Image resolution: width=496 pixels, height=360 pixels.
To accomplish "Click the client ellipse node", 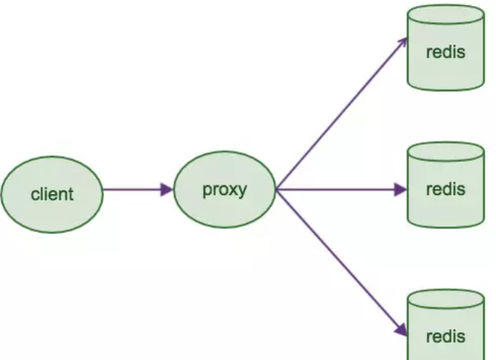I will coord(51,194).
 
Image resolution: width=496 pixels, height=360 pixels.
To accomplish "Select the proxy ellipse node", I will coord(225,191).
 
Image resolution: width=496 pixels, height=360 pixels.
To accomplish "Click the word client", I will coord(51,194).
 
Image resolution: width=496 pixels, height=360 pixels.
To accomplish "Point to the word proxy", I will coord(225,190).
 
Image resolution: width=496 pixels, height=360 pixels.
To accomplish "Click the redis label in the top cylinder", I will coord(445,53).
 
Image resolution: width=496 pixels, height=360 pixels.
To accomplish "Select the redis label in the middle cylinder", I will coord(445,190).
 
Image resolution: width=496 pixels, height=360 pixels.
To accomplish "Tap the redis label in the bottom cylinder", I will coord(445,335).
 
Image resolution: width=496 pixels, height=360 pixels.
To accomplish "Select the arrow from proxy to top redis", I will coord(339,114).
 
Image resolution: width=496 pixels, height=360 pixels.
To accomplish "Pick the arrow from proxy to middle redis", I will coord(339,190).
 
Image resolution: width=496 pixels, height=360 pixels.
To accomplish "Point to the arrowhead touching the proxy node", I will coord(167,190).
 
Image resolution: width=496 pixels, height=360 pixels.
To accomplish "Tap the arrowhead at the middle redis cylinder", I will coord(401,190).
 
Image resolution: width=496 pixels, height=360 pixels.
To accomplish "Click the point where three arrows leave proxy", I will coord(277,190).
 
